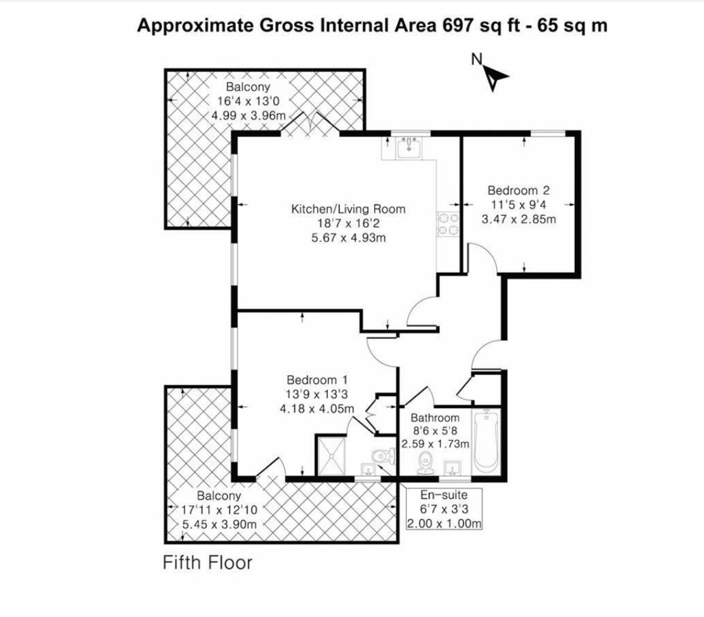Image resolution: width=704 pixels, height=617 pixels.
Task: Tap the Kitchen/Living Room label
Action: coord(348,209)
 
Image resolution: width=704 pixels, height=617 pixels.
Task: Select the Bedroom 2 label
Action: coord(519,191)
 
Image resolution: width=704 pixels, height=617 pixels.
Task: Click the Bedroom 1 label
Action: coord(317,380)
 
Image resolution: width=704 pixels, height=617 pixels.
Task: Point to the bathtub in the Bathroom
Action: coord(486,442)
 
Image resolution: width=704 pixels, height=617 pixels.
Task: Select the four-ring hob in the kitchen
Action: coord(450,223)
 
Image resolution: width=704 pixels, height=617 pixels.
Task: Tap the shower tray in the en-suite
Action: coord(332,455)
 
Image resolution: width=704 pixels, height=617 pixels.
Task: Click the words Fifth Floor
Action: coord(207,563)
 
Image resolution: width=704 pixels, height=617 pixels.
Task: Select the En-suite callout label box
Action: coord(445,509)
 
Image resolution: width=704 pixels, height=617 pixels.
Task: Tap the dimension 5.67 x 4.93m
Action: coord(348,238)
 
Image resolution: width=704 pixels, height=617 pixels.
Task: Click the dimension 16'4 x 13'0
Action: coord(248,101)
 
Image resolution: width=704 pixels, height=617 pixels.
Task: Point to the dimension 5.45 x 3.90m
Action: coord(219,524)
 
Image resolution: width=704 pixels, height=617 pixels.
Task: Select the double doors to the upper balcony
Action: coord(311,124)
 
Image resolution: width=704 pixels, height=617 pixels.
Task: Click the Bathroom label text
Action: coord(435,418)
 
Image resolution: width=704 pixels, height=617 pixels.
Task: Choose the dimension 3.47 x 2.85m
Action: coord(519,219)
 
